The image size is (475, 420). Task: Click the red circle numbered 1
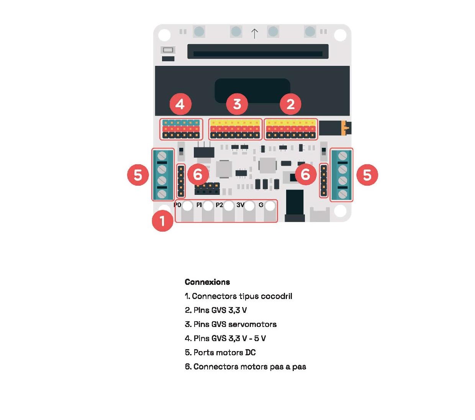coord(162,221)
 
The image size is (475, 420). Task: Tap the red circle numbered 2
coord(291,104)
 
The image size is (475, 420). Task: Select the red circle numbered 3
coord(237,104)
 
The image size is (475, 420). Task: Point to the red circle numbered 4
coord(180,104)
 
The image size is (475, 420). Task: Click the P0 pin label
coord(177,205)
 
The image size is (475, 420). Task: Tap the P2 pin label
coord(219,205)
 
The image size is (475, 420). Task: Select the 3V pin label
coord(240,205)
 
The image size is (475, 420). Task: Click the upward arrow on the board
coord(254,34)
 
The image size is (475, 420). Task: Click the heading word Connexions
coord(207,282)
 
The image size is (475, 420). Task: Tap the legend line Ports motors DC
coord(220,352)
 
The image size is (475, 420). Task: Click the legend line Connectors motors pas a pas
coord(246,366)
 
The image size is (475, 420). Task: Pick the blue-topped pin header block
coord(181,129)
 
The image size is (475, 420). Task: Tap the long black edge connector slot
coord(258,51)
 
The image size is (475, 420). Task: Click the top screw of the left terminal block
coord(162,155)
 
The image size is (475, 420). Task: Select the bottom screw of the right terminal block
coord(342,194)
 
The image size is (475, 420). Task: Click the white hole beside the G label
coord(270,206)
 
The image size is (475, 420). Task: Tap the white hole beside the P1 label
coord(208,206)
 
